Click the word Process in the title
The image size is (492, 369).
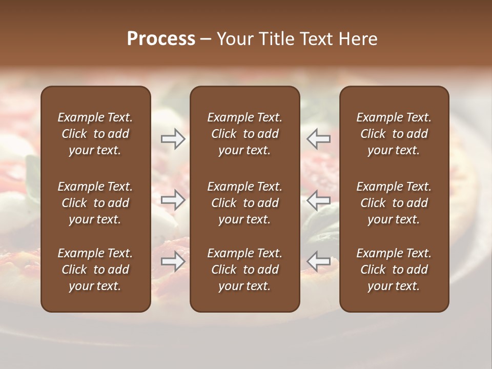[161, 39]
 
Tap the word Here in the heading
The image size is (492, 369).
[358, 39]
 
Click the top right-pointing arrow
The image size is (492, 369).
[173, 139]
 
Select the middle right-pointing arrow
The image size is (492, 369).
[173, 199]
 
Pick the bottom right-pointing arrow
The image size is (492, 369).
[173, 261]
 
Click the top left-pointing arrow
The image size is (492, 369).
[318, 139]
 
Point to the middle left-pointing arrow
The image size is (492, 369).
[318, 199]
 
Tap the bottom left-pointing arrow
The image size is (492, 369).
[318, 261]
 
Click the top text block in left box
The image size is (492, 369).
[95, 134]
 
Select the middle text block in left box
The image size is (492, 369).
[95, 203]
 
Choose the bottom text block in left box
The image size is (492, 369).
[95, 270]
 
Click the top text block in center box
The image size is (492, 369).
[245, 134]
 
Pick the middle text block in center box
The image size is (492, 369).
[245, 203]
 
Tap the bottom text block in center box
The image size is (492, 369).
[245, 270]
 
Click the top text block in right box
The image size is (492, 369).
[394, 134]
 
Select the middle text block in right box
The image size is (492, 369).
[394, 203]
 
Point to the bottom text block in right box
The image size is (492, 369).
[394, 270]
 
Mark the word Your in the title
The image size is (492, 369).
[235, 39]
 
